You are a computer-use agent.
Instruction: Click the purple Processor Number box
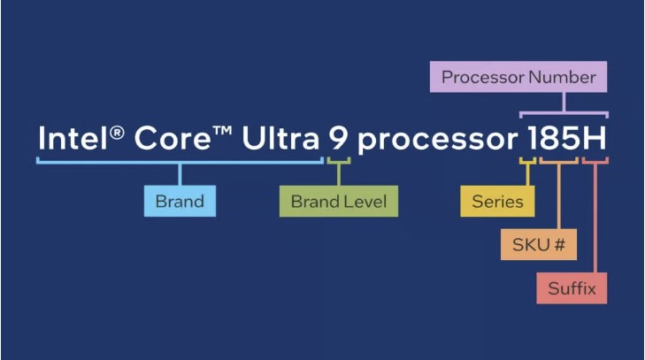pos(518,77)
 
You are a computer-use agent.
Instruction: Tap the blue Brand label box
pos(180,201)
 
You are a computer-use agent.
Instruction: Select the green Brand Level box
pos(339,201)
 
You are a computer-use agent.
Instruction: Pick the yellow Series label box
pos(497,201)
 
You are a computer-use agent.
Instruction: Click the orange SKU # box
pos(539,244)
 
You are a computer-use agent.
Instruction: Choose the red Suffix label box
pos(572,288)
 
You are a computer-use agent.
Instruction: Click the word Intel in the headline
pos(73,138)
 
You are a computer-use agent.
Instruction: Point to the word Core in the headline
pos(173,138)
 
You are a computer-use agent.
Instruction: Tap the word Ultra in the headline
pos(280,138)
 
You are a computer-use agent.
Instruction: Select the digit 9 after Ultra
pos(339,138)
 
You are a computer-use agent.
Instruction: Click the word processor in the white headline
pos(437,142)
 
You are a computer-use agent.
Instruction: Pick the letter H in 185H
pos(595,138)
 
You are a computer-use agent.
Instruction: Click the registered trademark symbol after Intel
pos(117,133)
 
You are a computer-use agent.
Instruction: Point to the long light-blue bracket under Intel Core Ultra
pos(180,162)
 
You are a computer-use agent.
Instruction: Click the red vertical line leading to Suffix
pos(595,218)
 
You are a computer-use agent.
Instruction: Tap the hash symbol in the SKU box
pos(560,245)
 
